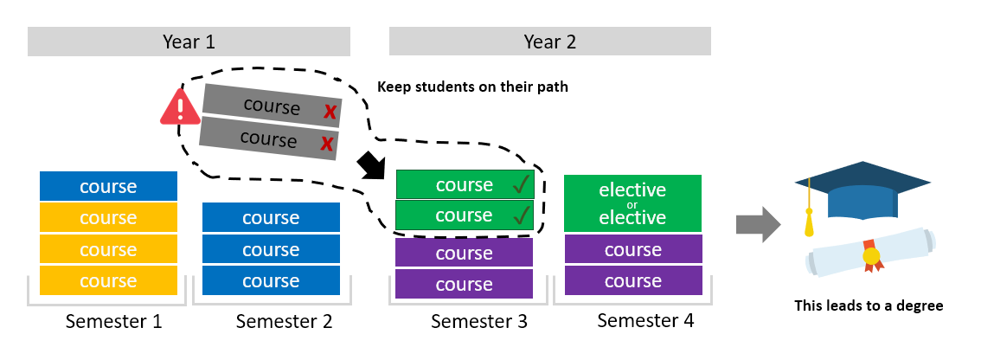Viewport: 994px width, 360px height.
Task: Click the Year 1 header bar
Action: click(189, 42)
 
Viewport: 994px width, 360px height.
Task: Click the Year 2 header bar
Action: click(549, 42)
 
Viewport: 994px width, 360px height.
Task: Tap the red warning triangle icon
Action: click(179, 108)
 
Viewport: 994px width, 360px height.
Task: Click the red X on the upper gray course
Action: click(329, 112)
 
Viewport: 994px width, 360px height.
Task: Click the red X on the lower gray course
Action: click(326, 144)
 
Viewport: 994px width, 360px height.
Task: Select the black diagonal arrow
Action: click(373, 164)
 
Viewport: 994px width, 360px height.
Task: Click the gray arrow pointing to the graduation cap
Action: click(757, 224)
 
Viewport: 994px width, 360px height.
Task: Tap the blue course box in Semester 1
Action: click(108, 186)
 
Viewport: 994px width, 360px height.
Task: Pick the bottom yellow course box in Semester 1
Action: click(108, 280)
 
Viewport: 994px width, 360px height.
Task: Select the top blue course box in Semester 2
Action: click(271, 217)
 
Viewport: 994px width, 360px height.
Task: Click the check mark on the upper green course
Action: click(521, 184)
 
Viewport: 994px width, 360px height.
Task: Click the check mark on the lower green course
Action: click(521, 215)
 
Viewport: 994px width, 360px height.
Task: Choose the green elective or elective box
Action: click(632, 203)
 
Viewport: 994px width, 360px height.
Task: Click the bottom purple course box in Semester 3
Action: click(465, 284)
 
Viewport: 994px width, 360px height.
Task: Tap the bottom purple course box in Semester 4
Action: click(632, 281)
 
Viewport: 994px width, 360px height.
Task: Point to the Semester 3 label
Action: click(478, 322)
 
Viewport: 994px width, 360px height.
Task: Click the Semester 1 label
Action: click(113, 322)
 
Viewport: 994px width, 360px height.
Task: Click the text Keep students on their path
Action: click(472, 87)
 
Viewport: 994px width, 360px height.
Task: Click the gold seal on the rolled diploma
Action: click(870, 255)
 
